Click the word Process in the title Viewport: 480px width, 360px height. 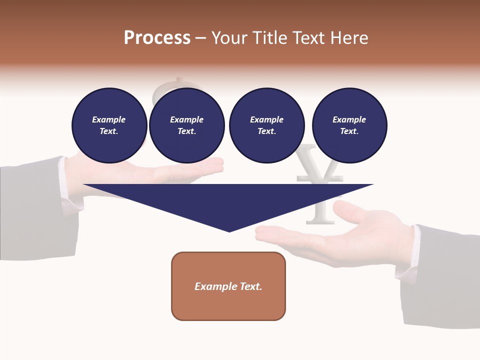tap(157, 38)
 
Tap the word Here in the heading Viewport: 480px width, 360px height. tap(348, 38)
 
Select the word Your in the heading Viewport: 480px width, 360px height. tap(230, 38)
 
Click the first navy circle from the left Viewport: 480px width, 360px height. tap(109, 125)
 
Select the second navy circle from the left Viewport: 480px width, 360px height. tap(186, 125)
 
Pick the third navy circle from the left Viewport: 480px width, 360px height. tap(266, 125)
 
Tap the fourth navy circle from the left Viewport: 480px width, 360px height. tap(349, 125)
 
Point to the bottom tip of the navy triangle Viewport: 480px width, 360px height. tap(229, 231)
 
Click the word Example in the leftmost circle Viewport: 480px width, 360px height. tap(109, 119)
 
